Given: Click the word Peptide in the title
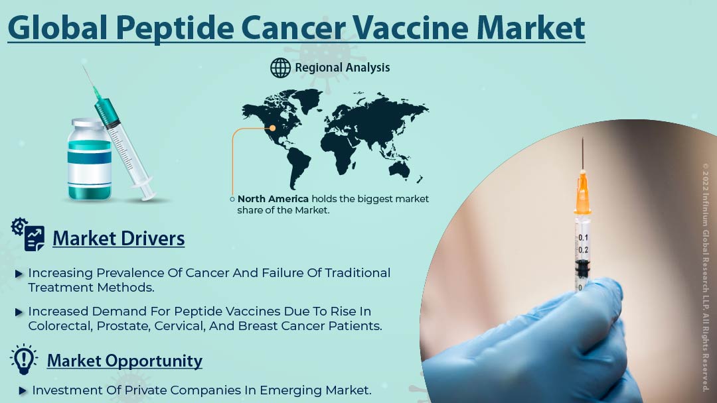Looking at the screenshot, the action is click(x=175, y=29).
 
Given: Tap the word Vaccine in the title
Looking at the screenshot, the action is click(x=410, y=28).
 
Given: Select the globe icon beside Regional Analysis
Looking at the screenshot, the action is click(x=280, y=68).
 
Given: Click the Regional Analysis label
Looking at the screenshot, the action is click(x=343, y=68).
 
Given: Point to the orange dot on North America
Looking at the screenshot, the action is click(x=273, y=128).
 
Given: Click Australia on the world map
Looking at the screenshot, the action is click(x=399, y=170).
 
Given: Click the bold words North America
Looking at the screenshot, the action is click(x=273, y=199).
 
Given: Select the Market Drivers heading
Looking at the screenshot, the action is click(x=118, y=238).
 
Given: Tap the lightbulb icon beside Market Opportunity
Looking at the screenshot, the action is click(x=23, y=360).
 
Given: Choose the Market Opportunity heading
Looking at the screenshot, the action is click(x=124, y=361).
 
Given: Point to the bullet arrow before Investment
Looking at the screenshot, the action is click(x=23, y=390).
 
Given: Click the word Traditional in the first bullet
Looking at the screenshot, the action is click(x=358, y=273).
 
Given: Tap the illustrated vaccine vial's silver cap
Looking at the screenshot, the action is click(x=88, y=123).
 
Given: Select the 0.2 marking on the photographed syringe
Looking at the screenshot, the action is click(x=583, y=250).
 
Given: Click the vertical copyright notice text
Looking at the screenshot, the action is click(x=706, y=278).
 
